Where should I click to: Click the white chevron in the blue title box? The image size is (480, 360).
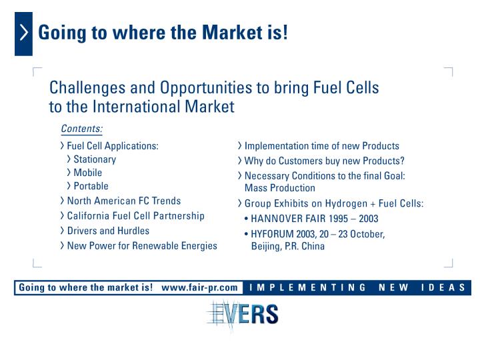pos(24,33)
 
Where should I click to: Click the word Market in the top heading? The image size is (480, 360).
pos(233,33)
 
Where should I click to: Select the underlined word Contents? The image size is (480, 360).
pos(81,129)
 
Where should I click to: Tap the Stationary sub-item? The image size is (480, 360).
pos(95,159)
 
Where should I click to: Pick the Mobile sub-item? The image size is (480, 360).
pos(87,173)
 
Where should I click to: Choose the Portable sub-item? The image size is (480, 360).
pos(91,186)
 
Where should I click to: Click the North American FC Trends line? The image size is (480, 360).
pos(124,201)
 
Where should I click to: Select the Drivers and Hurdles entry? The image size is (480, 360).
pos(108,231)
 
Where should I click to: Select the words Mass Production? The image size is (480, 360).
pos(280,188)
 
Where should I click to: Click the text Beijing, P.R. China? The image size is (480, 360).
pos(288,247)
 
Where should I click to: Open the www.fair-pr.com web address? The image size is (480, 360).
pos(199,288)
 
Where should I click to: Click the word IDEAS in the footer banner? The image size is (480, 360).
pos(443,288)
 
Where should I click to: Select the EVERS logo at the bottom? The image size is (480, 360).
pos(243,314)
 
